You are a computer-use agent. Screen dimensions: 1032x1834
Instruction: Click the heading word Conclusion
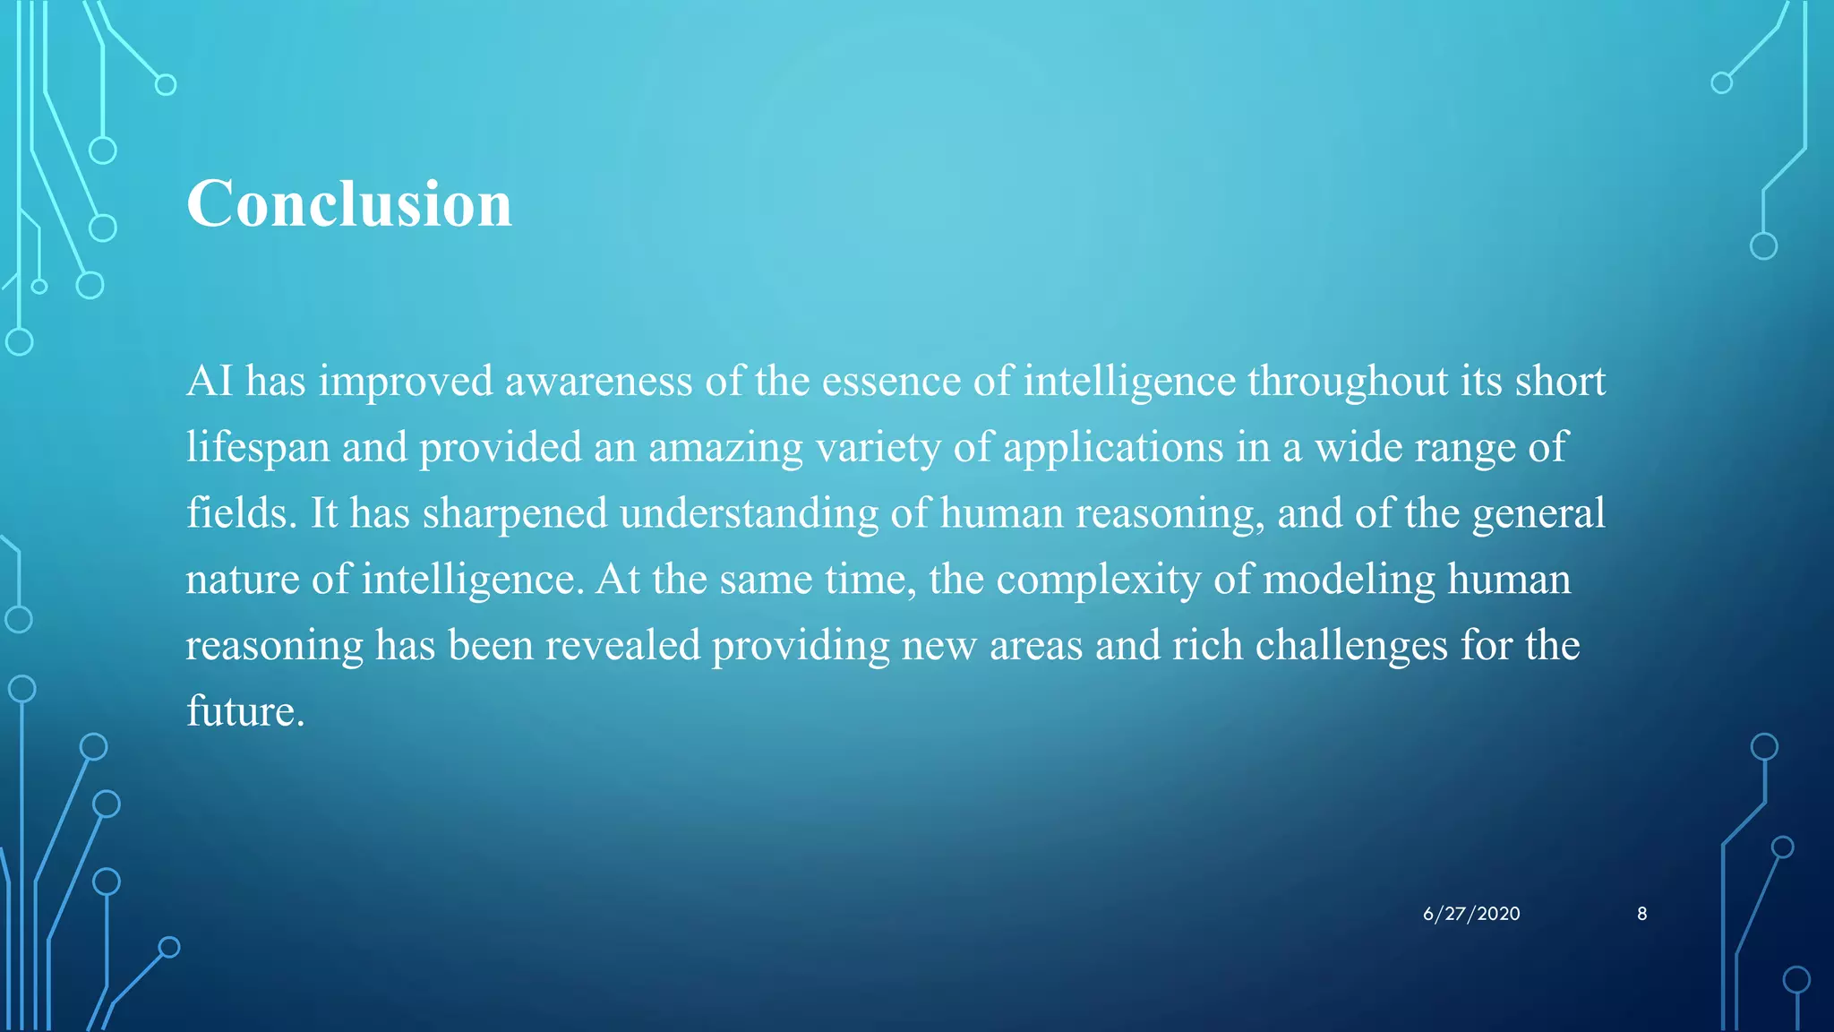click(348, 204)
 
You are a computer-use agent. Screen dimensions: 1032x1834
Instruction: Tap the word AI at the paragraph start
click(210, 381)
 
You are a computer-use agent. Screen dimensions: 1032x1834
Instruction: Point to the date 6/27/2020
click(1471, 914)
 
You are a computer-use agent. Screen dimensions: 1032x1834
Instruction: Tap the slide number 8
click(1641, 914)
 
